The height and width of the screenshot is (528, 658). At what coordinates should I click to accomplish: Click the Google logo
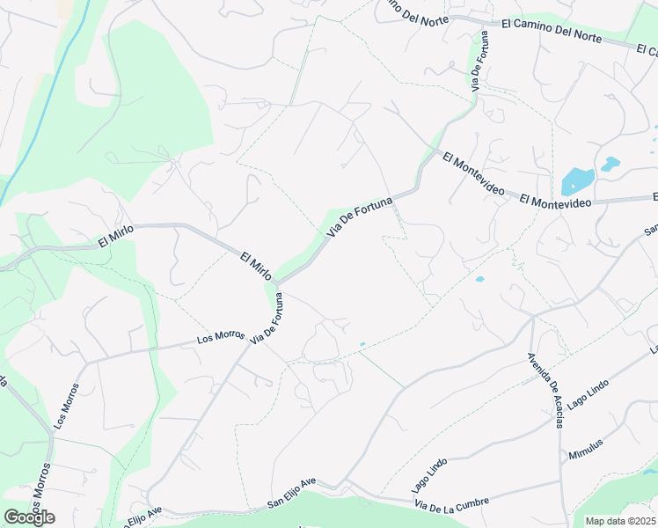pos(29,517)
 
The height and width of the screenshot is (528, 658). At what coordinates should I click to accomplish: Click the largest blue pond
pos(577,181)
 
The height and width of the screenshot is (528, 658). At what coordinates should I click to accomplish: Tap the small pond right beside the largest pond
pos(609,164)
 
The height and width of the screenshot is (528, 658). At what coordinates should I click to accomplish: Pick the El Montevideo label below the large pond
pos(554,202)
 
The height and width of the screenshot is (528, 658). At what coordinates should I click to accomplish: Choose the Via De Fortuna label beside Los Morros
pos(267,321)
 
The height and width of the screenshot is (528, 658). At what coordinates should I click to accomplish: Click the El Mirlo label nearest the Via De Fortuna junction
pos(257,268)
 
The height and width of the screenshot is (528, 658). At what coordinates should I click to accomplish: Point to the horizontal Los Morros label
pos(221,336)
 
